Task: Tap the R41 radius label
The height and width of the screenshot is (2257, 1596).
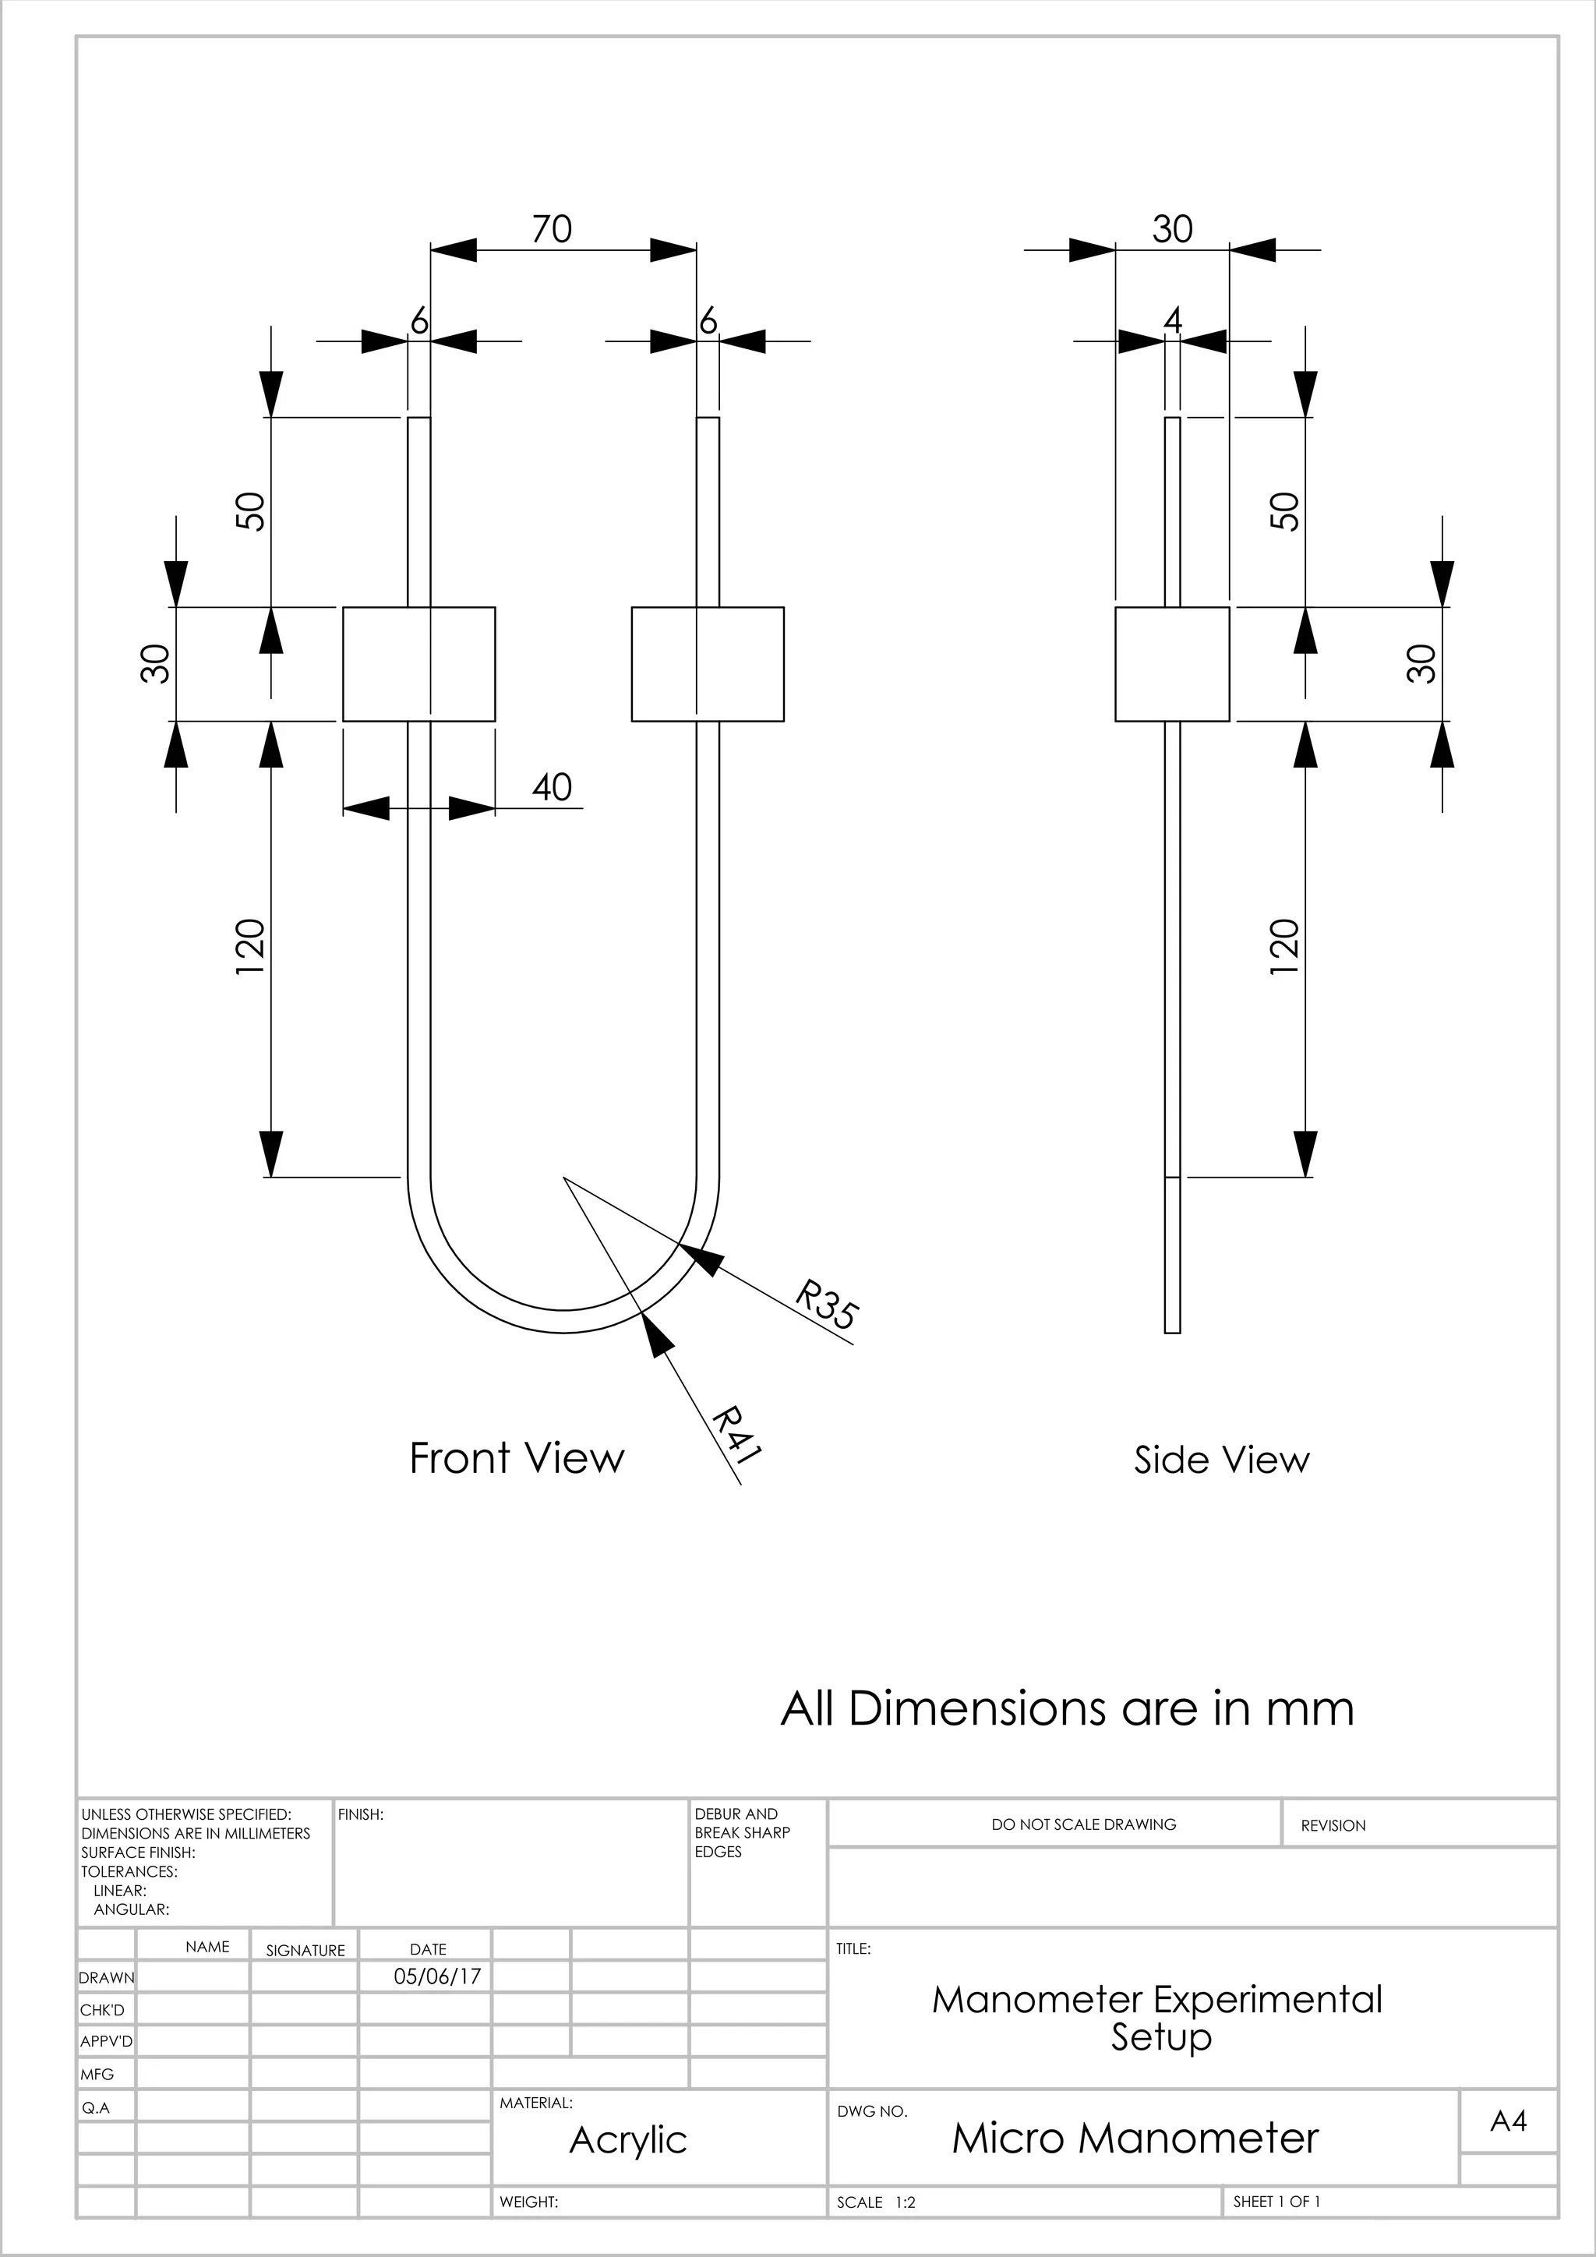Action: (x=737, y=1436)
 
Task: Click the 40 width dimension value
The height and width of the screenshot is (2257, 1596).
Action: (x=551, y=786)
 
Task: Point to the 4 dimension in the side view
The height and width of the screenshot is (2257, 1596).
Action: (x=1171, y=320)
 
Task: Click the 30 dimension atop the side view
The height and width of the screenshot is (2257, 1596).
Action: (x=1171, y=229)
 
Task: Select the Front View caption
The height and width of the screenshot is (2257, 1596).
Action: (x=516, y=1458)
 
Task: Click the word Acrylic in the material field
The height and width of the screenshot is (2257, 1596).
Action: (x=628, y=2140)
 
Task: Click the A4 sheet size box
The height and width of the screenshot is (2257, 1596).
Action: (x=1508, y=2121)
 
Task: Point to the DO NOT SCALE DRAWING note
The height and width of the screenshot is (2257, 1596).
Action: (x=1083, y=1824)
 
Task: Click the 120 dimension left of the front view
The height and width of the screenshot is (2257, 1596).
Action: (x=251, y=947)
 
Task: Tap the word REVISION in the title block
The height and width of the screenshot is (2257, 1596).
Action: (x=1333, y=1825)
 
